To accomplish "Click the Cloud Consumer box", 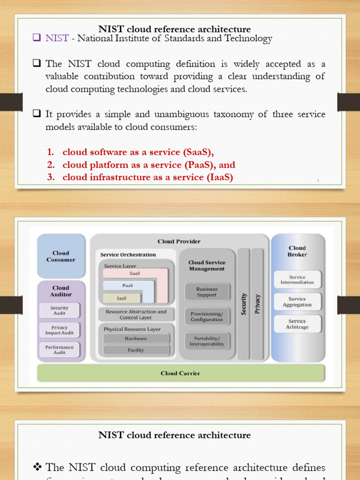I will [x=61, y=256].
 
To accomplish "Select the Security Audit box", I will [x=60, y=310].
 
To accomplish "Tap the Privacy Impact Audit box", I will [x=60, y=330].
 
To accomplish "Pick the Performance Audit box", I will [x=60, y=350].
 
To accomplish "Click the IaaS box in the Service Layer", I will [x=122, y=298].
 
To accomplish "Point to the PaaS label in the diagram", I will [x=127, y=285].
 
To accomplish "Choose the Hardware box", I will [x=136, y=338].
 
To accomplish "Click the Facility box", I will [x=136, y=350].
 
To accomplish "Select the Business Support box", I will [x=207, y=292].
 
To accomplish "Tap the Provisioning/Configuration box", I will [x=207, y=316].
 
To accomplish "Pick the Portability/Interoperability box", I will [x=207, y=341].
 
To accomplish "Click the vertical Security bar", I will [x=243, y=304].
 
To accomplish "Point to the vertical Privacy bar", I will [x=257, y=304].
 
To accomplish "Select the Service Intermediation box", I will [x=297, y=280].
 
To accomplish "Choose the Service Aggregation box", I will [x=297, y=302].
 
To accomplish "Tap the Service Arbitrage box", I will [x=297, y=324].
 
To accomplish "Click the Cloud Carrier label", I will [x=180, y=373].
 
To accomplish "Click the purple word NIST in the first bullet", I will [x=57, y=39].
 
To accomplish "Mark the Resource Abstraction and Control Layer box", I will [x=136, y=315].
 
